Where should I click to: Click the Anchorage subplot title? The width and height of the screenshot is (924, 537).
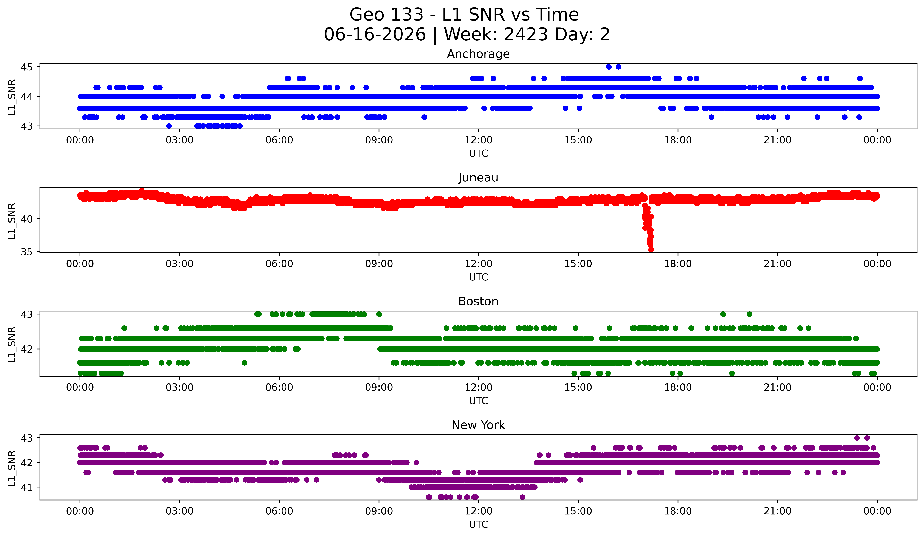click(478, 54)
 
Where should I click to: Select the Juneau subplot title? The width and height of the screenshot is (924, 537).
click(478, 178)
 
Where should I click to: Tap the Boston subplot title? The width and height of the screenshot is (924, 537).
click(478, 301)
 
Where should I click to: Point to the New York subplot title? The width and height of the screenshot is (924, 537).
click(478, 425)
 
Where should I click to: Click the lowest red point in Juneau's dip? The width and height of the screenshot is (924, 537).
click(651, 250)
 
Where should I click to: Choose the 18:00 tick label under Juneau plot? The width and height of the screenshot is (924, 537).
click(678, 264)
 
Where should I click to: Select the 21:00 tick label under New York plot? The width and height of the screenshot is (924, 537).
click(777, 511)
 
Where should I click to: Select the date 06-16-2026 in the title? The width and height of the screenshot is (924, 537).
click(375, 35)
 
